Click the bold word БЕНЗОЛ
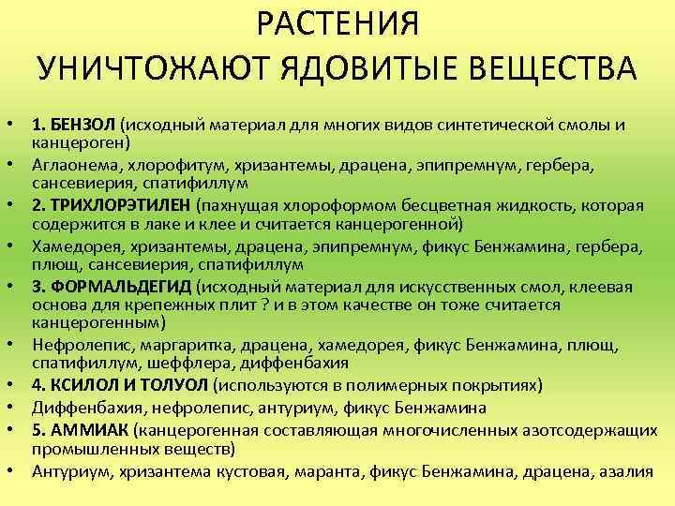coord(83,126)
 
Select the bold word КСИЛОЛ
coord(83,384)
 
